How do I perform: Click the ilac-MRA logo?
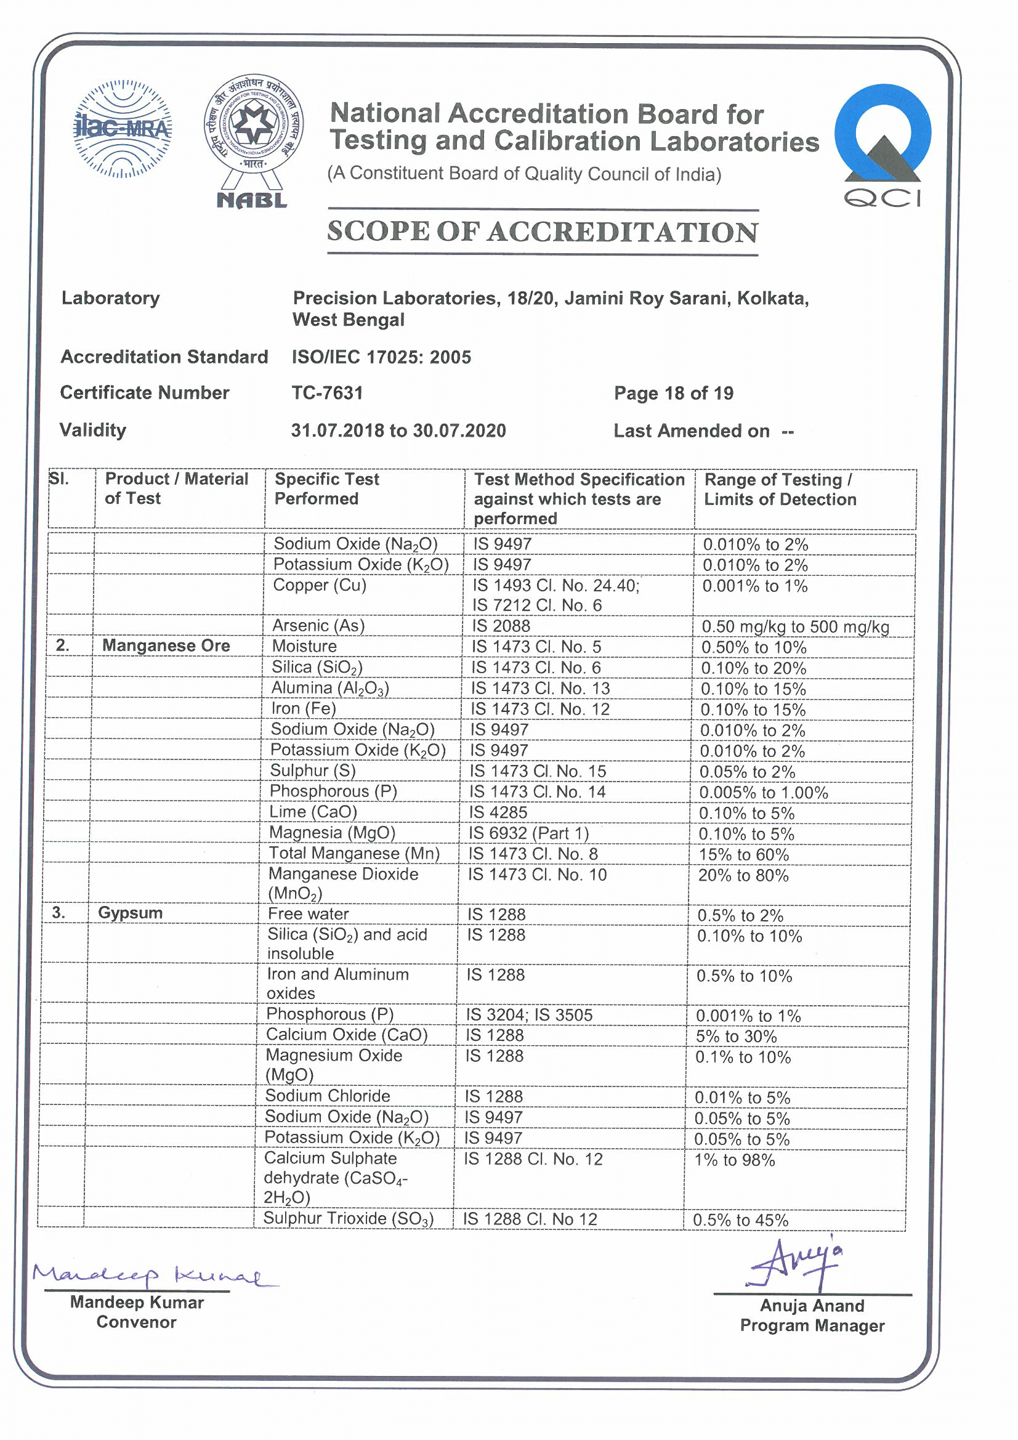click(x=123, y=129)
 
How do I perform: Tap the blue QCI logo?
click(x=883, y=144)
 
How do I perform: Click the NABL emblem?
click(x=252, y=141)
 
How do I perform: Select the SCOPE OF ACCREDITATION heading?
click(x=543, y=232)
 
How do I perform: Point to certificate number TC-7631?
click(x=328, y=393)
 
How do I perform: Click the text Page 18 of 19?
click(x=674, y=394)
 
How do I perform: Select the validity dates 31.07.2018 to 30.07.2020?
click(x=398, y=431)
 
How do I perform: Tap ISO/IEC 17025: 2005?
click(x=381, y=357)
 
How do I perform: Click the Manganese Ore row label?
click(x=166, y=646)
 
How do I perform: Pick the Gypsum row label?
click(x=131, y=913)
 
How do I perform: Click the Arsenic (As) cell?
click(x=318, y=625)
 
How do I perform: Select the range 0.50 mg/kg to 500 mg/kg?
click(x=795, y=626)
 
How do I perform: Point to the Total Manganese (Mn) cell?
click(x=354, y=854)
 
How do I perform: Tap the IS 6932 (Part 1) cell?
click(x=530, y=833)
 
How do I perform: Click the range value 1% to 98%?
click(x=735, y=1160)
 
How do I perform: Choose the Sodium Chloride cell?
click(x=328, y=1096)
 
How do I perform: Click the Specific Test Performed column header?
click(x=326, y=489)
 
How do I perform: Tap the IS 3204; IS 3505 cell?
click(x=529, y=1015)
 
